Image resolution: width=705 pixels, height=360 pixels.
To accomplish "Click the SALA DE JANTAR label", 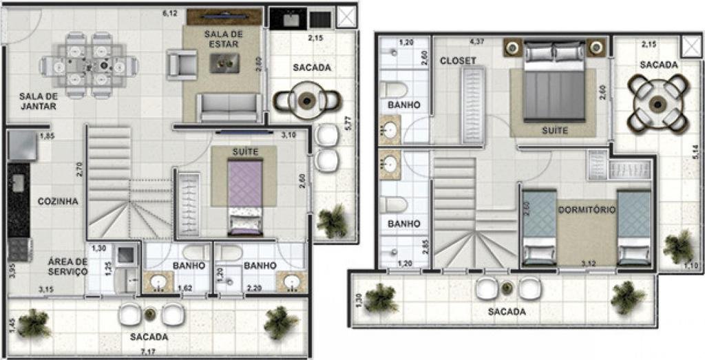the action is [38, 101].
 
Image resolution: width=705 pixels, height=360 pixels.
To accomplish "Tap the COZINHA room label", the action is [58, 202].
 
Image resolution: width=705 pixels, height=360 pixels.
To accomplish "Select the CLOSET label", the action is [458, 61].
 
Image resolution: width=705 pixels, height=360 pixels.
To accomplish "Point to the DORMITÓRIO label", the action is [587, 210].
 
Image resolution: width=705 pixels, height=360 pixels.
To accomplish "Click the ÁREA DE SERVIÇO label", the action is [67, 266].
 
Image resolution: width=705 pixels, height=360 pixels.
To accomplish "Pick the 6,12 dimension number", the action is [170, 14].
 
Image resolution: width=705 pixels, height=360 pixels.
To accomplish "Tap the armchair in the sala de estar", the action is [182, 64].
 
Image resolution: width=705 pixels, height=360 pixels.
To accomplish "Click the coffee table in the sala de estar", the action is [224, 63].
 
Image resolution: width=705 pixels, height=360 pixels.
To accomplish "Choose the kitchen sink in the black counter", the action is [19, 183].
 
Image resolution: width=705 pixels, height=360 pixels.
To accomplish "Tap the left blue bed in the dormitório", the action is [539, 228].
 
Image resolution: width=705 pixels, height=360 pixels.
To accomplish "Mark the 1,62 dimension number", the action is [185, 288].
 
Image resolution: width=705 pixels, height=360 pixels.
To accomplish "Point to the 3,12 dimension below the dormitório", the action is [588, 264].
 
